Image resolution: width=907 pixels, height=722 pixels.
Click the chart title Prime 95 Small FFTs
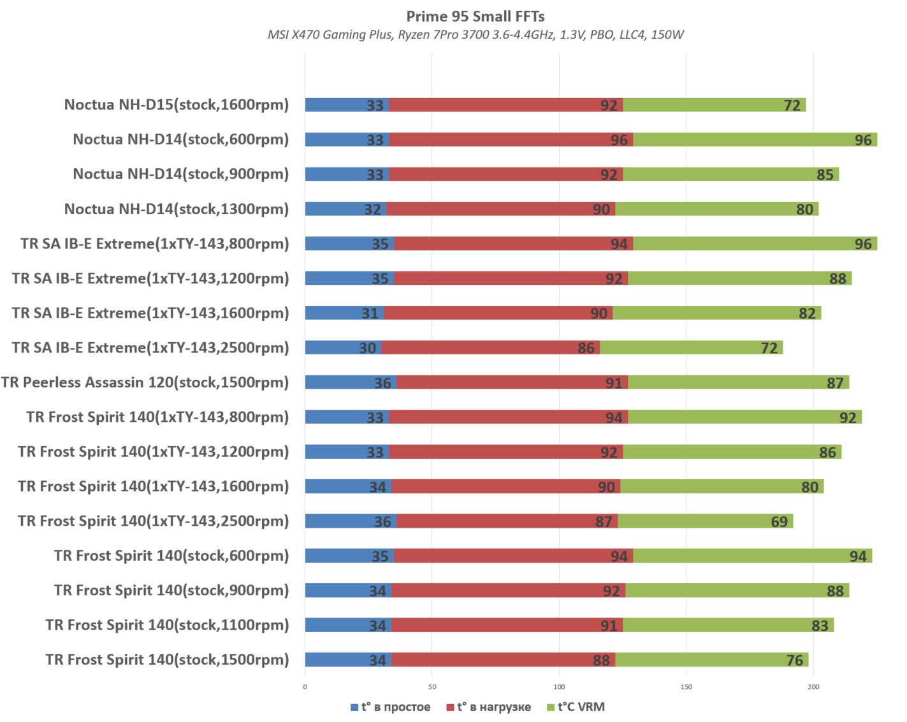click(475, 16)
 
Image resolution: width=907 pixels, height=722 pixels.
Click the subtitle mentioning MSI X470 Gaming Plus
click(475, 34)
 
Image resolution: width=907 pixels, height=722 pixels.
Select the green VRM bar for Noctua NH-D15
click(714, 105)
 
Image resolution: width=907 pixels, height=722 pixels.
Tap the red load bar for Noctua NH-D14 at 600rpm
click(510, 140)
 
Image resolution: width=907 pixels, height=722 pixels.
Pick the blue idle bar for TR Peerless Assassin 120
click(350, 382)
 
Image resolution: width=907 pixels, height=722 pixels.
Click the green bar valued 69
click(705, 521)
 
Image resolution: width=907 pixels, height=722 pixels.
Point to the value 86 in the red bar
click(586, 348)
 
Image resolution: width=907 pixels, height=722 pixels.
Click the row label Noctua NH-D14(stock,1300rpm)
click(177, 209)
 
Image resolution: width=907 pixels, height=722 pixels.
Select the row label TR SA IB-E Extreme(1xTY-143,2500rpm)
click(150, 348)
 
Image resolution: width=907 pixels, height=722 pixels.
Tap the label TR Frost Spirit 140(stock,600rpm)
click(171, 556)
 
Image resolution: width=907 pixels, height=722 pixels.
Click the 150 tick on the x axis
click(686, 687)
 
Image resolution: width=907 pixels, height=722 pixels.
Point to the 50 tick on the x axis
click(432, 687)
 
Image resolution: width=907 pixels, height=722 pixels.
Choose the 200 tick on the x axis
click(813, 687)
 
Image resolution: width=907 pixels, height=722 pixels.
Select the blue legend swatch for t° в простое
click(354, 707)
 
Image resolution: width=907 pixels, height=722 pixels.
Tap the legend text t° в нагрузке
click(493, 707)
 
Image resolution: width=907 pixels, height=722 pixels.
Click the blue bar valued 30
click(342, 348)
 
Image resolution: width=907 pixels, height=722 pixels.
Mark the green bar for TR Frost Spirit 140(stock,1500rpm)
click(711, 660)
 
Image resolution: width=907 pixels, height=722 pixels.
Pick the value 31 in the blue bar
click(370, 314)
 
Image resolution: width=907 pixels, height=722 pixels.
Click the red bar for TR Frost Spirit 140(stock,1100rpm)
click(507, 625)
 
